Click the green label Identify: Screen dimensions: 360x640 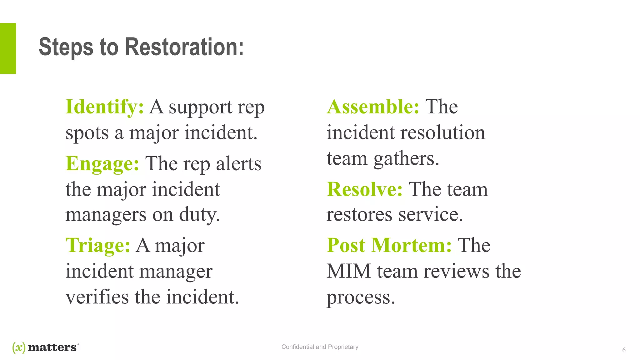(x=105, y=107)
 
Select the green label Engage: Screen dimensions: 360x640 (x=102, y=164)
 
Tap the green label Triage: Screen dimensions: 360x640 (x=98, y=245)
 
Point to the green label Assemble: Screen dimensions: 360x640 (x=373, y=107)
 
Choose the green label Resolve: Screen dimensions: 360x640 (x=365, y=189)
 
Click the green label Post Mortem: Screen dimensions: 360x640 (x=389, y=245)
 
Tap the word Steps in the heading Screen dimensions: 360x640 (x=66, y=47)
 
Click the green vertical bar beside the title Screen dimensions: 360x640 (x=8, y=48)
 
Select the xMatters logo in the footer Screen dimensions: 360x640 (x=46, y=347)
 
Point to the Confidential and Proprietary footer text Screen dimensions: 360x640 (x=320, y=347)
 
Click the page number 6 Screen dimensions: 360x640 (x=624, y=350)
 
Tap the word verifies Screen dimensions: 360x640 (x=97, y=297)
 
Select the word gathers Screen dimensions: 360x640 (x=406, y=159)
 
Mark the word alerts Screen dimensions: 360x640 (x=238, y=164)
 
